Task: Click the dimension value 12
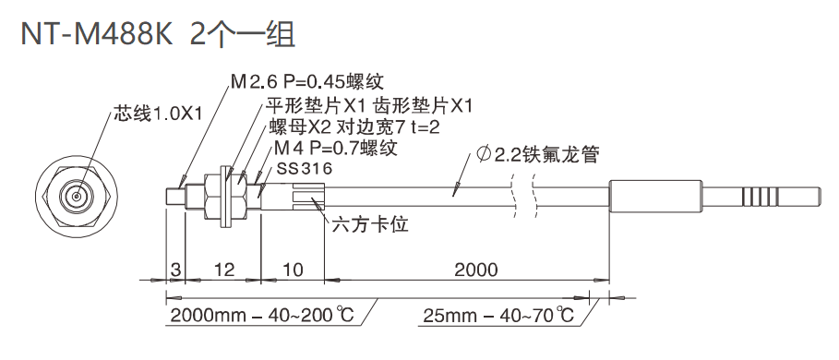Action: [222, 270]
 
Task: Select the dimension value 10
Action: [292, 270]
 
